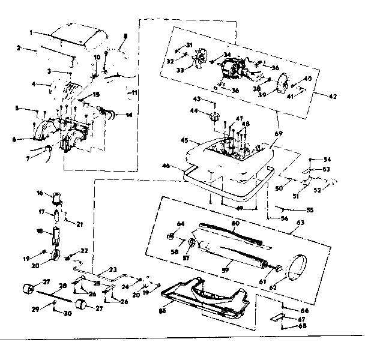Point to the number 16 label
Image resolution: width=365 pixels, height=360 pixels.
point(40,193)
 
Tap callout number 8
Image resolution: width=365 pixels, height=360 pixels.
point(125,37)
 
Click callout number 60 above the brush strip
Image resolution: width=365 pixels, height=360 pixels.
point(236,222)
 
